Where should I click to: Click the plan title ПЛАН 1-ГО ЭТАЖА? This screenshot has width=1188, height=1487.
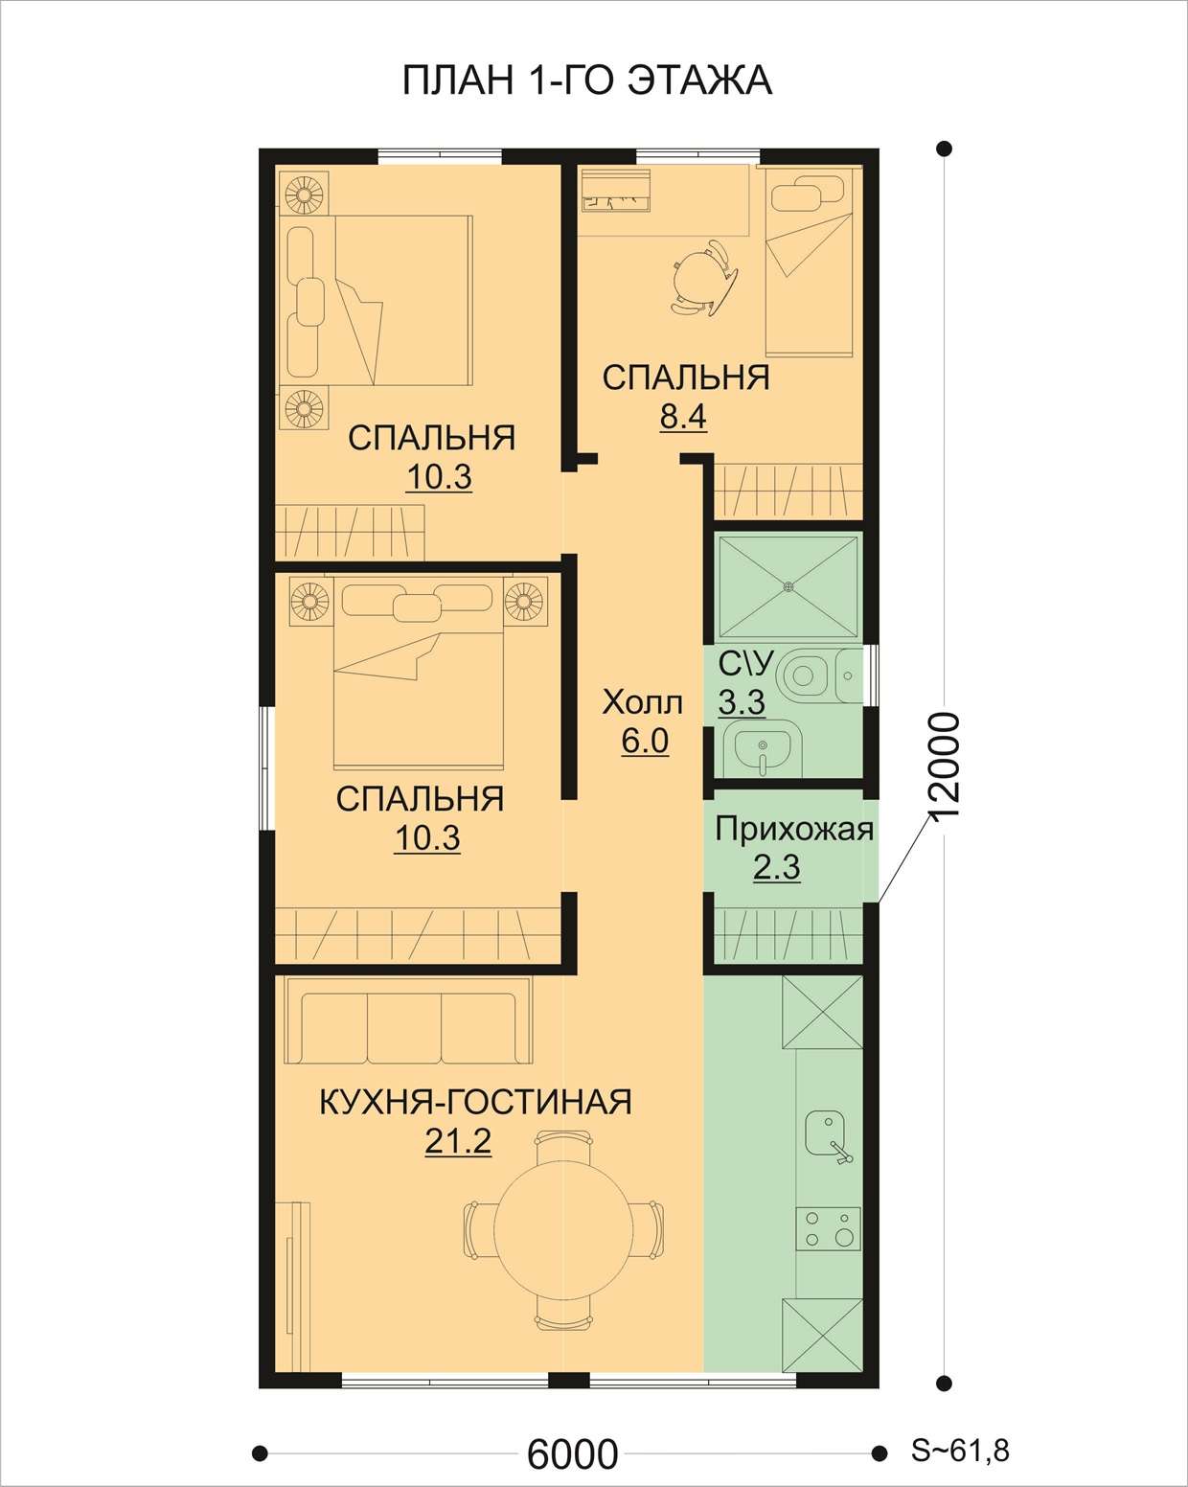click(586, 80)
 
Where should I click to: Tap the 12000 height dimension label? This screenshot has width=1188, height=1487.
click(943, 766)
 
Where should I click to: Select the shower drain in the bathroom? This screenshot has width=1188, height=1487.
click(788, 586)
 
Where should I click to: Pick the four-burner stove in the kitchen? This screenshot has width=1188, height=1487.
click(829, 1228)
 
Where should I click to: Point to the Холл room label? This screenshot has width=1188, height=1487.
click(642, 702)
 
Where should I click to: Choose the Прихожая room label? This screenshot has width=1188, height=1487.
click(794, 829)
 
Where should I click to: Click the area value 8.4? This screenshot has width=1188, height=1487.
click(683, 417)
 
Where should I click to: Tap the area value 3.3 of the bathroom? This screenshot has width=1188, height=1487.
click(742, 702)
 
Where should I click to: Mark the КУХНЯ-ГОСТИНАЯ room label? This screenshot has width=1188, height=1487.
click(475, 1102)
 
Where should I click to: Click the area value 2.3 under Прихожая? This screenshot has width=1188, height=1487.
click(776, 867)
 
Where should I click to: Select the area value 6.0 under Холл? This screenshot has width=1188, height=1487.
click(645, 741)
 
